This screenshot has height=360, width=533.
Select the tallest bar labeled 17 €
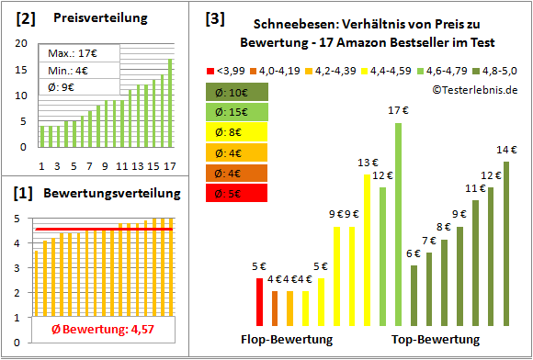[398, 224]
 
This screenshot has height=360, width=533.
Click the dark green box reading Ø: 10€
[236, 92]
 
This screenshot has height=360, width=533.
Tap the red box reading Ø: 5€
[236, 193]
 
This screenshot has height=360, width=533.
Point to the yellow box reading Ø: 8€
[236, 132]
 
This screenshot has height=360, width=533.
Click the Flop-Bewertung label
[286, 339]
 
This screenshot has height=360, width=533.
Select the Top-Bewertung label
[436, 339]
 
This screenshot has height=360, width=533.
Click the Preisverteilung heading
[91, 18]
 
